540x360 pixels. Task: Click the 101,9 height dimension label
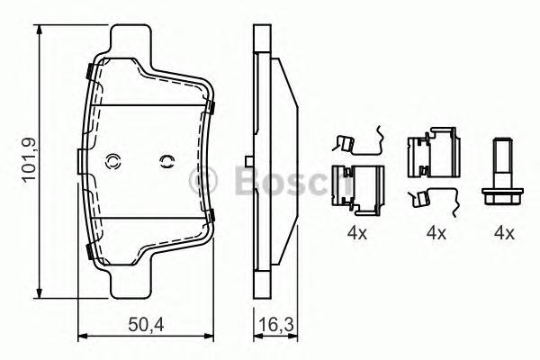click(x=29, y=158)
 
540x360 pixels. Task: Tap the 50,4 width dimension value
click(x=146, y=325)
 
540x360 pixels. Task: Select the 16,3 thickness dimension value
click(x=276, y=325)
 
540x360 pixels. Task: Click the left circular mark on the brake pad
click(x=112, y=161)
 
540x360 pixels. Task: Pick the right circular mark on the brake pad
click(x=167, y=161)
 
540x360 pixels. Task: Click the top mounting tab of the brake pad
click(x=130, y=40)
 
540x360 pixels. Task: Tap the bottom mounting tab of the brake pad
click(x=130, y=283)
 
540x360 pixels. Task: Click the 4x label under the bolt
click(x=504, y=234)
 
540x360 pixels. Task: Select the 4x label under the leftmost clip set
click(x=357, y=234)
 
